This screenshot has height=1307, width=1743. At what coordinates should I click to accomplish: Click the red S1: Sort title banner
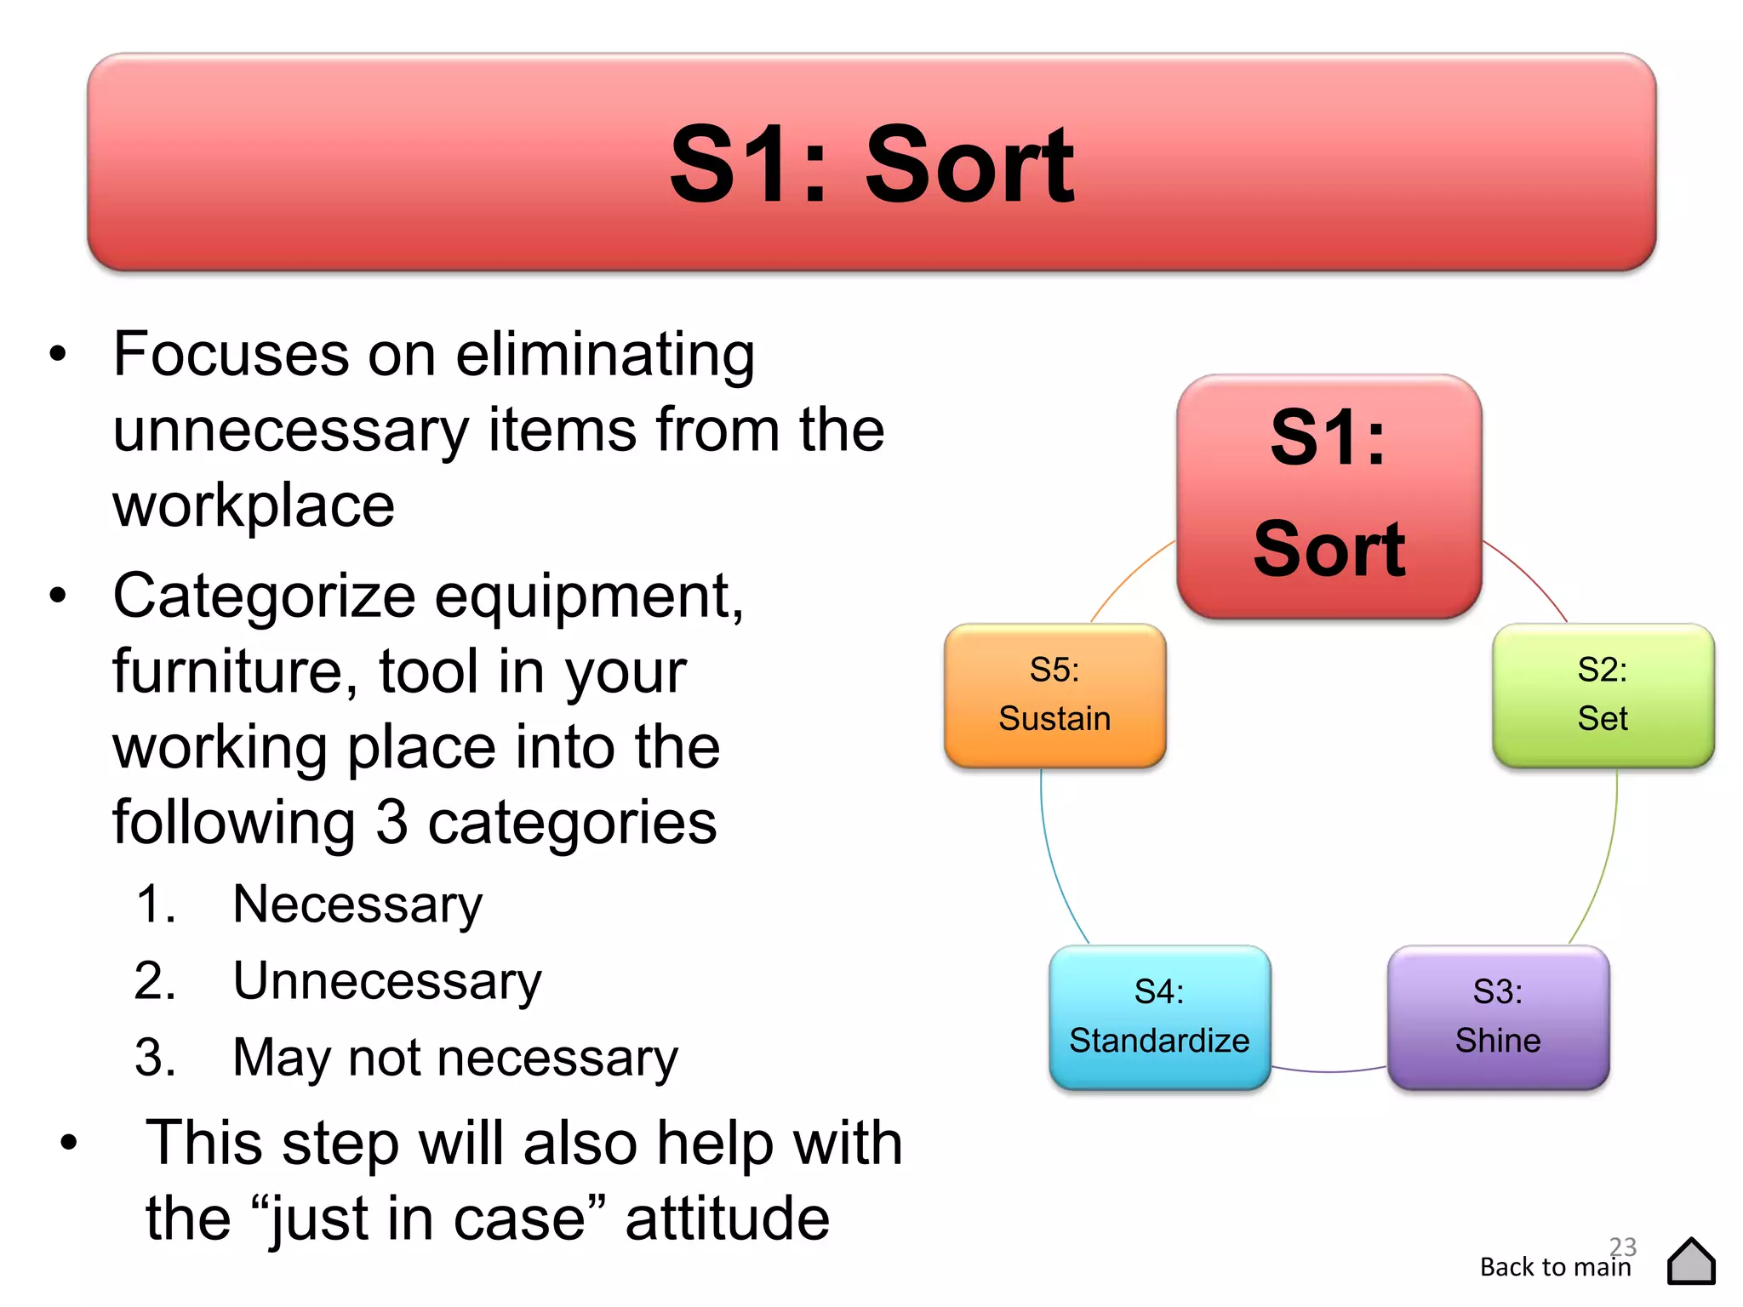tap(871, 162)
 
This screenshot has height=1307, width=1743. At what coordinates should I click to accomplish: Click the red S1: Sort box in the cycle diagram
tap(1329, 496)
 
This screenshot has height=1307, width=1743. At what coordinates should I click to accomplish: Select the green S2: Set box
tap(1603, 694)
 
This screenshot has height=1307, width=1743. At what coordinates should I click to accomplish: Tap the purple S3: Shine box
tap(1498, 1016)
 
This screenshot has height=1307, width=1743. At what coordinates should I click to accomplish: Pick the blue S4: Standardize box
tap(1159, 1016)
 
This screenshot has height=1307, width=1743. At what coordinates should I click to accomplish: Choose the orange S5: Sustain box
tap(1054, 694)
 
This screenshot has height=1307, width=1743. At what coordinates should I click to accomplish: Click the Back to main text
tap(1555, 1267)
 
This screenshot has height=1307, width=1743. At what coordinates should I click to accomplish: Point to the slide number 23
tap(1623, 1246)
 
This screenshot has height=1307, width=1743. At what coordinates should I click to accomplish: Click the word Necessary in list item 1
tap(357, 904)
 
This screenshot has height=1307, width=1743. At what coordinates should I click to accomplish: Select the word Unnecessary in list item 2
tap(387, 981)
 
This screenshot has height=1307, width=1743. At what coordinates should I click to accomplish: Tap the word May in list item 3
tap(282, 1058)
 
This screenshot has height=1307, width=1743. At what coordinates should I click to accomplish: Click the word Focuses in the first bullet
tap(231, 354)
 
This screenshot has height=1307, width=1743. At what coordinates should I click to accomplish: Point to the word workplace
tap(254, 505)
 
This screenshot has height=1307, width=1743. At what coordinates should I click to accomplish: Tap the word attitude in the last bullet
tap(727, 1218)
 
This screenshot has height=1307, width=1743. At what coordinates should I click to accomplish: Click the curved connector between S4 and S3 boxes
tap(1329, 1070)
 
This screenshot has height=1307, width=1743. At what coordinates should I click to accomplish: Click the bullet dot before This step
tap(69, 1143)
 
